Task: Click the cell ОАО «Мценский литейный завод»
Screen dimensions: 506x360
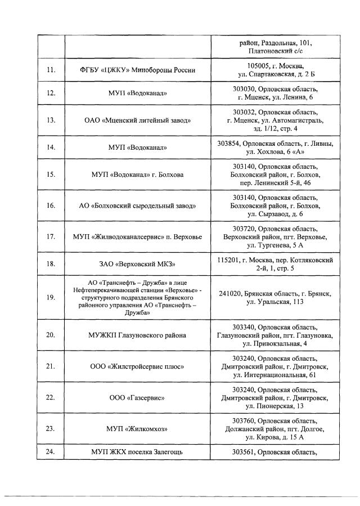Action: tap(138, 120)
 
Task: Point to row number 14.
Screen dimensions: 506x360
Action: tap(51, 147)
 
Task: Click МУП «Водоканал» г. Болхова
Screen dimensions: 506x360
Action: tap(138, 174)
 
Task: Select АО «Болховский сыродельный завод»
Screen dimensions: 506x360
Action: tap(138, 205)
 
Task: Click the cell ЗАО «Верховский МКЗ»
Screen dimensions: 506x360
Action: tap(138, 263)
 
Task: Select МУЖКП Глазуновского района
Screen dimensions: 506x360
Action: tap(138, 335)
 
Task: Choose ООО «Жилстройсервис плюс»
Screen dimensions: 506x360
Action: tap(138, 366)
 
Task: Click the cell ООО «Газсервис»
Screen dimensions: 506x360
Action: tap(138, 397)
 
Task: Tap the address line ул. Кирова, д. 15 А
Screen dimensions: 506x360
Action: tap(275, 437)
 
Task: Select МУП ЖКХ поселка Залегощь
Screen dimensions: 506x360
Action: tap(138, 451)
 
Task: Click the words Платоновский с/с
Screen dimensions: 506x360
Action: tap(275, 51)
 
